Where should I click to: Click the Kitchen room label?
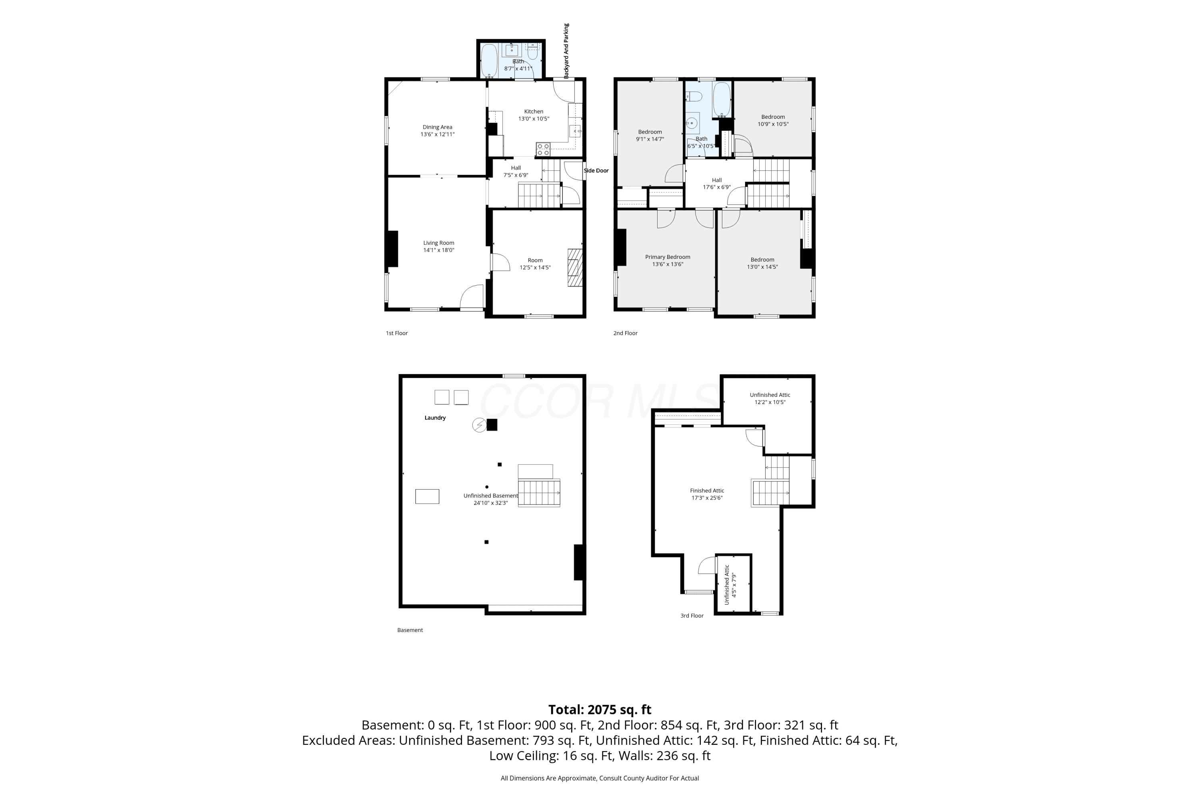coord(534,111)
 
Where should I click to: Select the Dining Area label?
coord(437,127)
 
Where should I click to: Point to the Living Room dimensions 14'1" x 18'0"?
coord(438,250)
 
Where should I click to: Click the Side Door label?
coord(596,170)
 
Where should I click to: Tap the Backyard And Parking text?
coord(566,51)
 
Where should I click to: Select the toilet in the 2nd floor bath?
coord(694,96)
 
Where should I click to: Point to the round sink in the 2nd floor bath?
coord(692,123)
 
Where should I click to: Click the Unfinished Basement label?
coord(490,496)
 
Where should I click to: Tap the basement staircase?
coord(539,492)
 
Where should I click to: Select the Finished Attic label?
coord(707,491)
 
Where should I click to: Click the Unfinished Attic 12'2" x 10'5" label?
coord(770,398)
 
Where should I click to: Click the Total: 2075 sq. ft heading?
coord(600,710)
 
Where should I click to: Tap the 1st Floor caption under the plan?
coord(396,333)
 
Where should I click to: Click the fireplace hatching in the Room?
coord(575,267)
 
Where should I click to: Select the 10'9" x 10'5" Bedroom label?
coord(773,120)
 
